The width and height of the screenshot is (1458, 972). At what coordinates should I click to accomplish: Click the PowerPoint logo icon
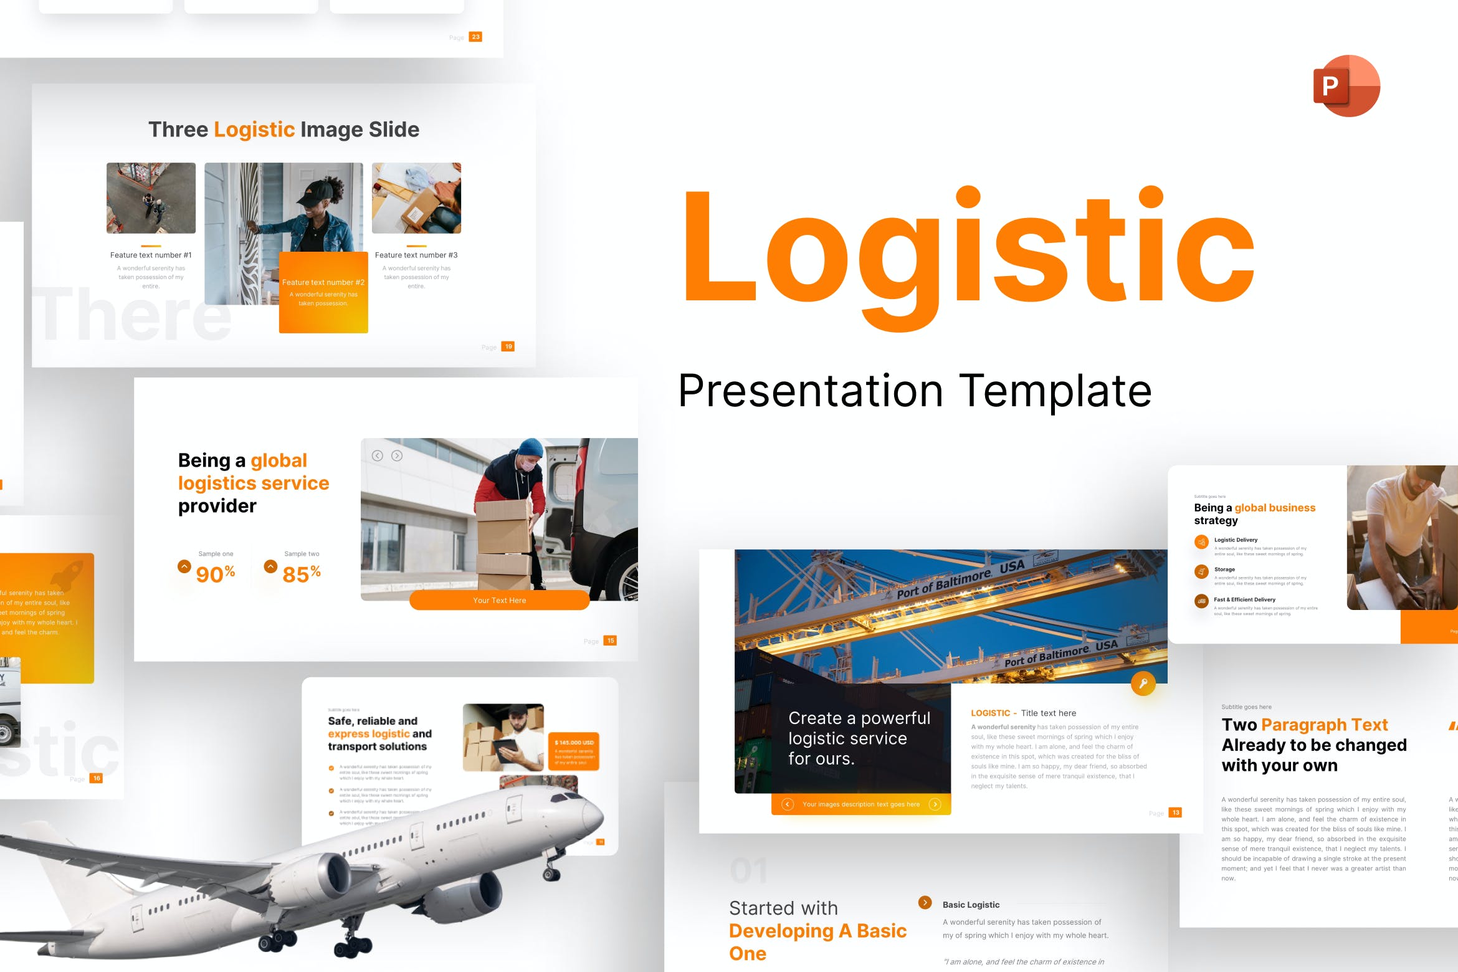click(x=1346, y=86)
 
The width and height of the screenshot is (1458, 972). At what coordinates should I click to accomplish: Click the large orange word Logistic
click(x=969, y=255)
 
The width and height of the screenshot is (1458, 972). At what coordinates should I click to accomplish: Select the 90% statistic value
click(x=215, y=574)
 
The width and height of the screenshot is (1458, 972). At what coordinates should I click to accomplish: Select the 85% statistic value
click(x=301, y=574)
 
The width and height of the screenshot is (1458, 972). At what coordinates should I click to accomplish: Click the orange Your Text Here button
click(x=499, y=601)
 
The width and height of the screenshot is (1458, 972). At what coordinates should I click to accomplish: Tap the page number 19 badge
click(x=508, y=346)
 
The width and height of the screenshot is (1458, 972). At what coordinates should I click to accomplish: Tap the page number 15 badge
click(x=611, y=641)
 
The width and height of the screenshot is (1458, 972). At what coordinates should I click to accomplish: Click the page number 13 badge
click(x=1176, y=812)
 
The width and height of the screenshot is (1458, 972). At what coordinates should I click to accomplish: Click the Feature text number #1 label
click(x=151, y=255)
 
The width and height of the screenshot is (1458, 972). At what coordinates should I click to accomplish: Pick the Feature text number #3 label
click(x=416, y=255)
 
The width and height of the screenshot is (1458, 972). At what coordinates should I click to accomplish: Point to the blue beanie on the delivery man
click(x=531, y=447)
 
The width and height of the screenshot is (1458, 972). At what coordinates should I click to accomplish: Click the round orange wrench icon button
click(x=1143, y=684)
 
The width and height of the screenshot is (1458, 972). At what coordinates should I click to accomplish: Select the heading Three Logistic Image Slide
click(x=283, y=130)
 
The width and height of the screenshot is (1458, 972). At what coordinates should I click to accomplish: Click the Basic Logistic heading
click(x=971, y=905)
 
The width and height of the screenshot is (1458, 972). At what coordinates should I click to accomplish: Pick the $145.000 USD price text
click(x=574, y=743)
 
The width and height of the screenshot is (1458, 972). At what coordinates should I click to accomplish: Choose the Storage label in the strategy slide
click(x=1224, y=569)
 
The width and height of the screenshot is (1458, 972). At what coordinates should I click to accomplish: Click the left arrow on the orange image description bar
click(x=788, y=804)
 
